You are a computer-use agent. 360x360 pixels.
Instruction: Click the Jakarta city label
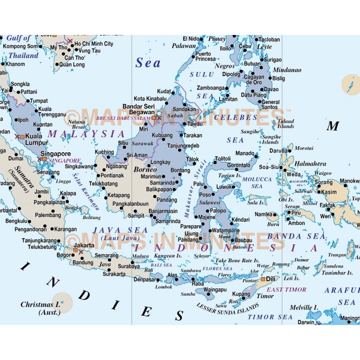(84, 245)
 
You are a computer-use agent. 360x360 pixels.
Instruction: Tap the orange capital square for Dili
(263, 279)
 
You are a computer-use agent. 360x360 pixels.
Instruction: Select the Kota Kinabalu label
(150, 98)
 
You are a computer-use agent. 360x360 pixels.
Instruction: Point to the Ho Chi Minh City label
(94, 44)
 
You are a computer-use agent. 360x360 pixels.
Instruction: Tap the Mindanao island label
(287, 69)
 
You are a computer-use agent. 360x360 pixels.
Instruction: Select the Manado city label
(245, 153)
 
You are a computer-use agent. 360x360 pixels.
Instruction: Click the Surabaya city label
(128, 266)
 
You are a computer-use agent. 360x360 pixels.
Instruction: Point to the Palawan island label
(184, 46)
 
